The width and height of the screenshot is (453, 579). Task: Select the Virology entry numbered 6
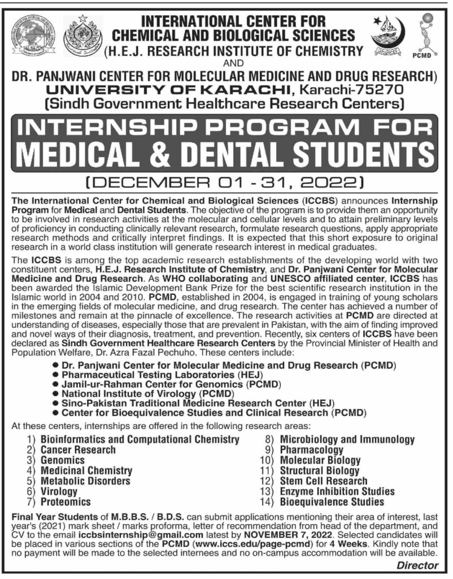click(59, 491)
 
